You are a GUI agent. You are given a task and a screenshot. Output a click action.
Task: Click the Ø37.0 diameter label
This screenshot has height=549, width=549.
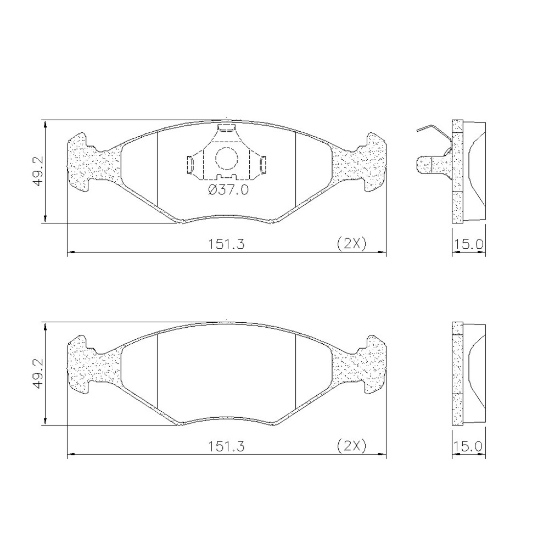[x=228, y=191]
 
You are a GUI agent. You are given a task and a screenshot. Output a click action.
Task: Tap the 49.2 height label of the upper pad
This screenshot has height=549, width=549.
[x=38, y=171]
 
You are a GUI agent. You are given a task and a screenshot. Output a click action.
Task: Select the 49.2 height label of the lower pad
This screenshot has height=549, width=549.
[x=38, y=373]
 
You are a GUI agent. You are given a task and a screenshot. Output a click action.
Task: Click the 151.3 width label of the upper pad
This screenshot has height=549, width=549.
[x=227, y=244]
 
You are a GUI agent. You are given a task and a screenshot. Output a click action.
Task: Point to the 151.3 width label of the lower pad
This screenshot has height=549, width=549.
[x=227, y=446]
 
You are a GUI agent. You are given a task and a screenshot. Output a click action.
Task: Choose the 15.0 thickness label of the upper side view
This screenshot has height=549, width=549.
[x=469, y=244]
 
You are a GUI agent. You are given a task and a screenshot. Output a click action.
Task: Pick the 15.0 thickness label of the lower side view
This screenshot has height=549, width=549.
[x=469, y=446]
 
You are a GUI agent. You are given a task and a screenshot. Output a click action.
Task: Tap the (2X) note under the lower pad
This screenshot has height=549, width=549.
[x=351, y=445]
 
